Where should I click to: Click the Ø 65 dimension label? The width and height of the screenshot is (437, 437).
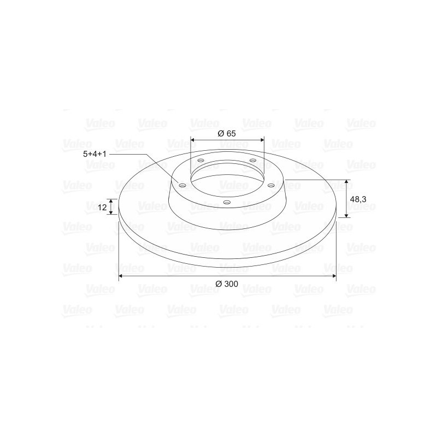[227, 133]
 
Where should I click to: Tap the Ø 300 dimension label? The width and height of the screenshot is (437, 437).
[227, 284]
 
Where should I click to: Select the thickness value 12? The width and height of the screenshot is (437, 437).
[102, 207]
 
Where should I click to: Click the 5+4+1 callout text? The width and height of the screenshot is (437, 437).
[93, 155]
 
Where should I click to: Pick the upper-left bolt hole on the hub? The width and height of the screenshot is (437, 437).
[200, 161]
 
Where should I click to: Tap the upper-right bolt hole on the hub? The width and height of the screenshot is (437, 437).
[252, 160]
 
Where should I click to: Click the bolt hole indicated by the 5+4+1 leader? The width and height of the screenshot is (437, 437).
[183, 185]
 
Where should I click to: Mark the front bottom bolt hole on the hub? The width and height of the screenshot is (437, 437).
[227, 203]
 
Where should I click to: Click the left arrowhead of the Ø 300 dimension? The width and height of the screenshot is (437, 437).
[121, 277]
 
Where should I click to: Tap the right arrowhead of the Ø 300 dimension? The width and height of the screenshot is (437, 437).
[333, 277]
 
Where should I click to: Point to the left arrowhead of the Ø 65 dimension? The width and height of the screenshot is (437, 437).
[193, 139]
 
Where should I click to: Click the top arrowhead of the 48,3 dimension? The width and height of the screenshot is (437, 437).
[346, 182]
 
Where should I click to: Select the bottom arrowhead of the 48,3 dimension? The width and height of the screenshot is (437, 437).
[346, 215]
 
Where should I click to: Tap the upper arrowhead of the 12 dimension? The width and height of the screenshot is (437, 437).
[112, 201]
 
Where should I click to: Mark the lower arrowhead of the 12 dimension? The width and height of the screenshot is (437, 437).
[112, 212]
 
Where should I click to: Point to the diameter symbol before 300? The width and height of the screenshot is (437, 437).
[218, 284]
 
